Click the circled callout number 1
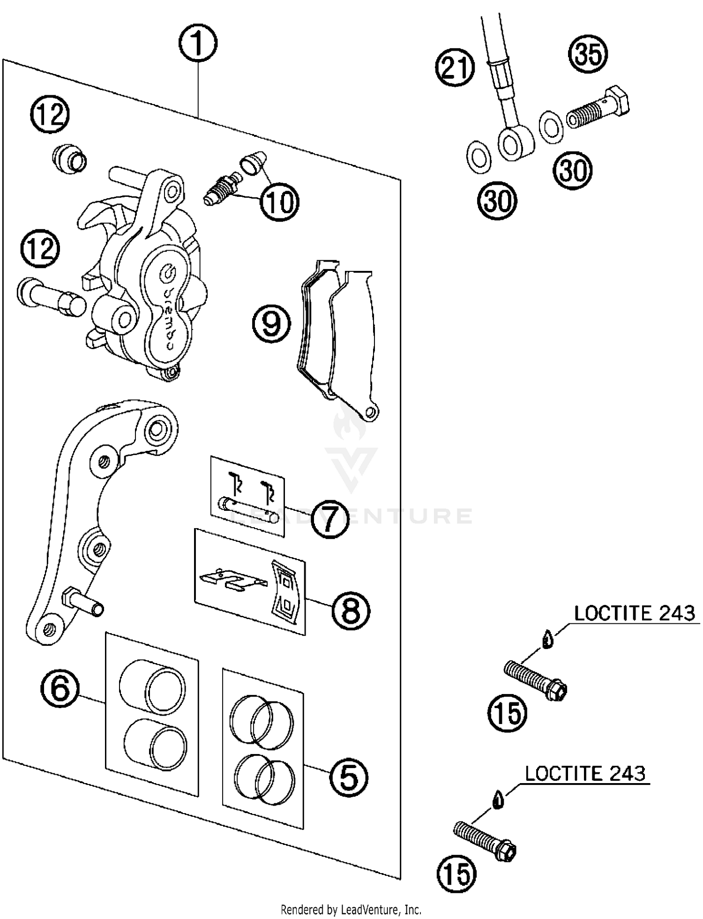[197, 43]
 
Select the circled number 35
[588, 53]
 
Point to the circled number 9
[271, 323]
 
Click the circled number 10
[279, 202]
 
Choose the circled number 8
[351, 611]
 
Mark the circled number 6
[60, 688]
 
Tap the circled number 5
[348, 777]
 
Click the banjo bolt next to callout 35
[598, 108]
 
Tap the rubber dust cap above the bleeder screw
[253, 162]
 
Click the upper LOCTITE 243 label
[634, 613]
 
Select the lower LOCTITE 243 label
[584, 774]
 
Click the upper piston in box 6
[152, 687]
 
